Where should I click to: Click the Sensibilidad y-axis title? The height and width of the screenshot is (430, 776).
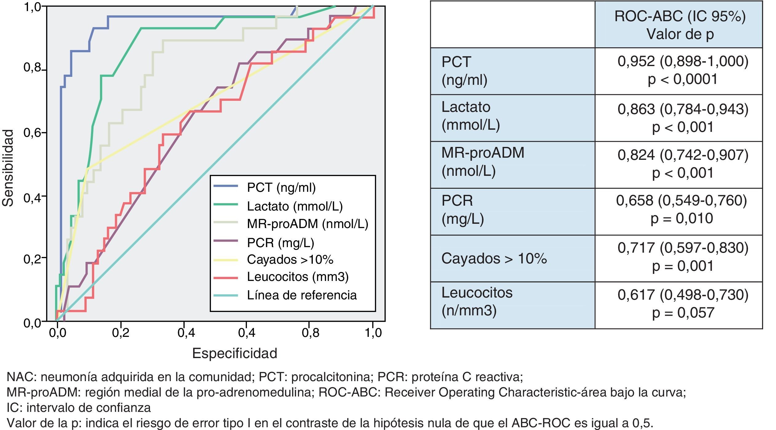point(8,168)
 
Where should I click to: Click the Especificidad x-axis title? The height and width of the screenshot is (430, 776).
point(234,353)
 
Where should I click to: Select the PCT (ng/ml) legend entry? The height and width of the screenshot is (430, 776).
point(281,187)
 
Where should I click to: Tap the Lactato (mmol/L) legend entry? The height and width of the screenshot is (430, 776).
point(295,206)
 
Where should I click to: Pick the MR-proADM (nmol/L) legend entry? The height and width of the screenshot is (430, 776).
point(307,224)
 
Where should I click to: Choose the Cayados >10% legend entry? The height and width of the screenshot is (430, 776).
point(290,260)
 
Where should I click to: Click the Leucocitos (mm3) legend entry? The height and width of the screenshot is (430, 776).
point(297,277)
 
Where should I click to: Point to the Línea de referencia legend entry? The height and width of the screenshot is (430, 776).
point(301,295)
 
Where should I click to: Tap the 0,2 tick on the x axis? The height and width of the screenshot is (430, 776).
point(121,333)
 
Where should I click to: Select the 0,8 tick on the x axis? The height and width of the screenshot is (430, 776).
point(310,333)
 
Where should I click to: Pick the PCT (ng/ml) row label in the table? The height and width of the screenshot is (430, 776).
point(464,71)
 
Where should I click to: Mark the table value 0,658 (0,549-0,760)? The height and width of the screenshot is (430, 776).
point(681,201)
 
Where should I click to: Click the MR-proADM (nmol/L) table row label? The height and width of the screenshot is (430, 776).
point(483,162)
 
